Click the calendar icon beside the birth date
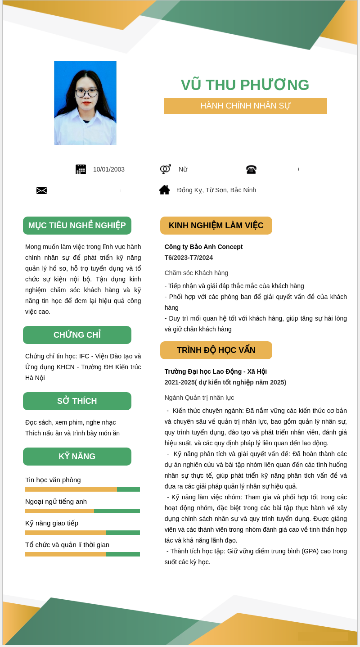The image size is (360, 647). pos(81,169)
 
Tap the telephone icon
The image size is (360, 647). pos(251,169)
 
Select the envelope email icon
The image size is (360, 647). pos(41,190)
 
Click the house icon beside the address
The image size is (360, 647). pos(165,190)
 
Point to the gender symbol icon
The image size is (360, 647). pos(165,169)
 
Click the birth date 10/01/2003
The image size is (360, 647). pos(109,169)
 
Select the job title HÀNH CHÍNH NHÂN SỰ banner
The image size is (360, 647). pos(245,106)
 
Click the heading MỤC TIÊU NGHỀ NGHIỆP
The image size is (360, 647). pos(77,226)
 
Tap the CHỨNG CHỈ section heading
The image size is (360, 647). pos(77,335)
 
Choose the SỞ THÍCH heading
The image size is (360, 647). pos(77,401)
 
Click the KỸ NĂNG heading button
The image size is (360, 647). pos(77,457)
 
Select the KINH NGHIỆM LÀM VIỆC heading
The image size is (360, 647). pos(216,226)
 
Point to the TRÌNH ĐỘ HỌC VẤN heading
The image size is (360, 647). pos(216,350)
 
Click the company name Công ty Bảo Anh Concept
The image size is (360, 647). pos(203,247)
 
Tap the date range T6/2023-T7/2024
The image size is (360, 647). pos(189,258)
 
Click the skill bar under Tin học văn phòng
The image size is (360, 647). pos(82,489)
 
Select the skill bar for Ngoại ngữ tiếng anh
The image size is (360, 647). pos(82,511)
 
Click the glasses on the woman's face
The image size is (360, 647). pos(86,93)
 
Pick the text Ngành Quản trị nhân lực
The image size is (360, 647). pos(199,398)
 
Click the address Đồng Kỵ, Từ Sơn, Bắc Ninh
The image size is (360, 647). pos(216,190)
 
